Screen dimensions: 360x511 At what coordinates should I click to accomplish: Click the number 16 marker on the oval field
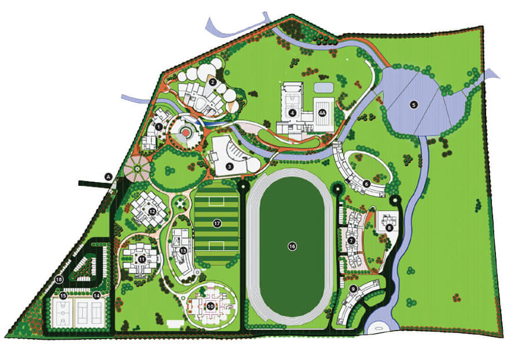(292, 246)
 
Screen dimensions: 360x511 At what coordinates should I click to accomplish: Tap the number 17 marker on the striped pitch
(217, 223)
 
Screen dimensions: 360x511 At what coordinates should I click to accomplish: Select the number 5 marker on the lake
(413, 105)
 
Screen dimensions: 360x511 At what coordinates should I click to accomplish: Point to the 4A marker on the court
(323, 113)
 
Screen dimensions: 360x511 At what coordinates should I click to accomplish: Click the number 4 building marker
(293, 113)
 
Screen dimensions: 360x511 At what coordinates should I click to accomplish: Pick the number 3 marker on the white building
(230, 167)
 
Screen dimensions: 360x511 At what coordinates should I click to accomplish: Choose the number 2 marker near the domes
(213, 82)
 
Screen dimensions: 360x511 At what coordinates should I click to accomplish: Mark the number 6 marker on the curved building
(366, 183)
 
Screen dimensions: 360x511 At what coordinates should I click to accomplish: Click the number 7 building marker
(352, 240)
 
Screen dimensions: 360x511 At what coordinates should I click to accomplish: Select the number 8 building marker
(389, 228)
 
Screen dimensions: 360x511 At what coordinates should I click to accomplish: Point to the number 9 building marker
(354, 289)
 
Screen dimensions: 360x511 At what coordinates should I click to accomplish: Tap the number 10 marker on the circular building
(210, 305)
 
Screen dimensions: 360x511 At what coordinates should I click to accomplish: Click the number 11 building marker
(141, 258)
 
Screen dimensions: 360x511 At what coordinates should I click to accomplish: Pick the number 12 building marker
(152, 212)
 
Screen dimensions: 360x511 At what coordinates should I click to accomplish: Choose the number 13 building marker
(183, 250)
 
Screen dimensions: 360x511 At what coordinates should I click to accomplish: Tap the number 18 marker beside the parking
(59, 280)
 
